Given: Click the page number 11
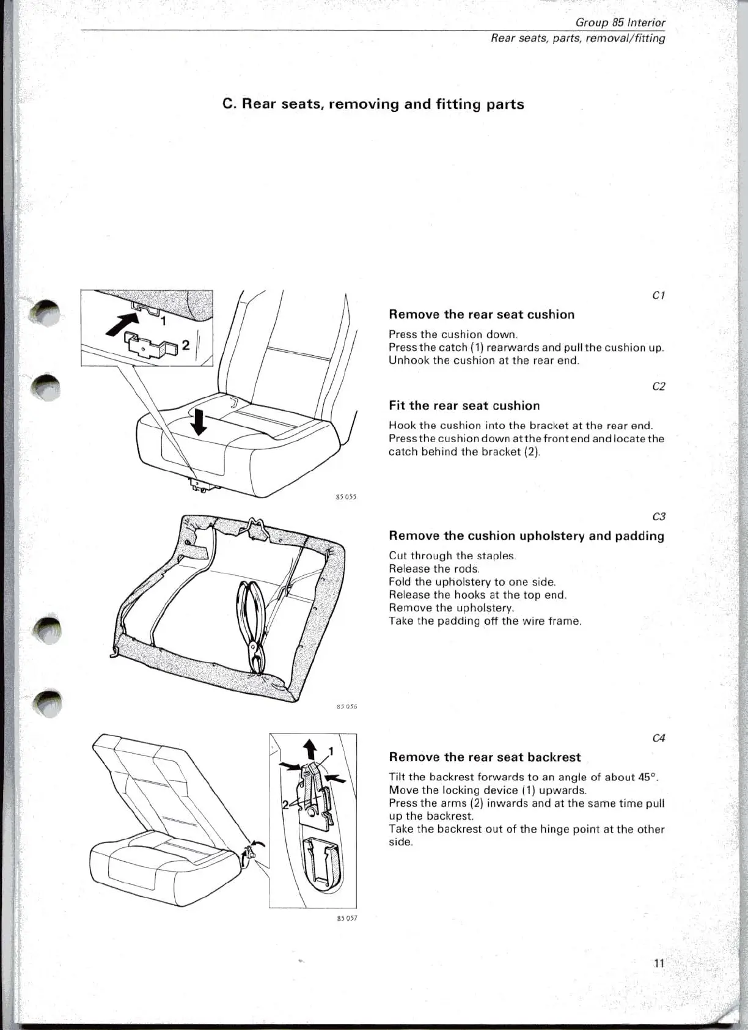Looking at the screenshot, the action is (x=659, y=963).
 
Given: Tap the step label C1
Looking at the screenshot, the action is (x=659, y=295).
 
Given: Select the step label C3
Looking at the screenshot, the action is (x=659, y=517).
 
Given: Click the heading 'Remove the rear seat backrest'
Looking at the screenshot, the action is (x=485, y=757).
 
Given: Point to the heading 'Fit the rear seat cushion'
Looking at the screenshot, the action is (x=464, y=405).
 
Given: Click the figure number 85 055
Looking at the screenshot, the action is (x=346, y=497).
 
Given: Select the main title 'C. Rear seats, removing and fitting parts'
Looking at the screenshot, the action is (x=373, y=104).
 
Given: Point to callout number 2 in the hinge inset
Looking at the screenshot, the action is (x=285, y=804).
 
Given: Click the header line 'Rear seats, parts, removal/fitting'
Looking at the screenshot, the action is (x=577, y=38).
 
